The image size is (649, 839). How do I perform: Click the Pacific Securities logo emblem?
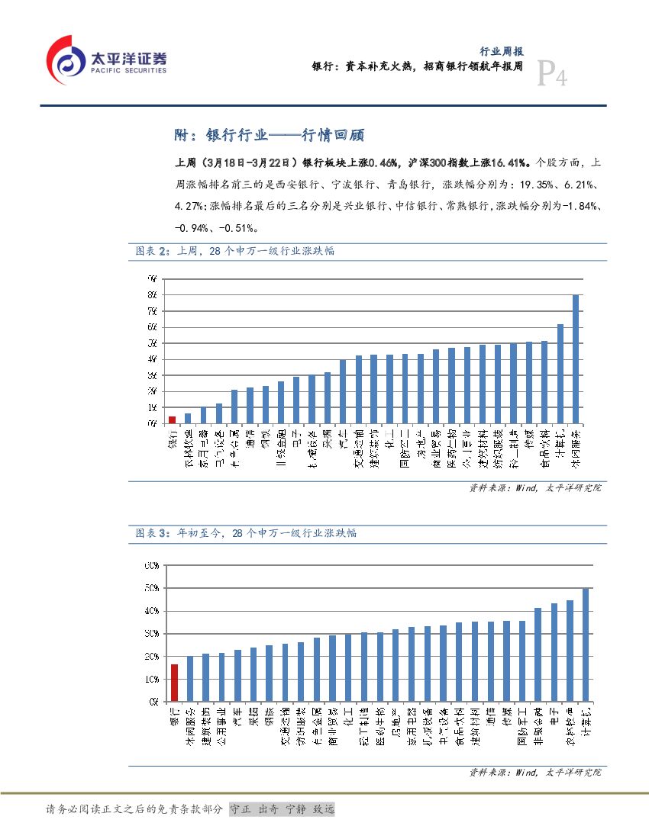pos(66,60)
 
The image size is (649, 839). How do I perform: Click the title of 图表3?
pos(246,533)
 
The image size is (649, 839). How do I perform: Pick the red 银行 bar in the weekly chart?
pos(172,419)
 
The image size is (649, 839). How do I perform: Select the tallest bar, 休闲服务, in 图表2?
pos(576,358)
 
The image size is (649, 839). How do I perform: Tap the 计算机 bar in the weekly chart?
pos(560,373)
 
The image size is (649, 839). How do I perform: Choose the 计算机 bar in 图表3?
pos(586,644)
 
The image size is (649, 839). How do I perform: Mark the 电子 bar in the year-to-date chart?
pos(554,651)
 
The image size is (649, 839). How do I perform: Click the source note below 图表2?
pos(534,488)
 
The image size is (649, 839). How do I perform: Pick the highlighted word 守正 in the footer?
pos(241,809)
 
